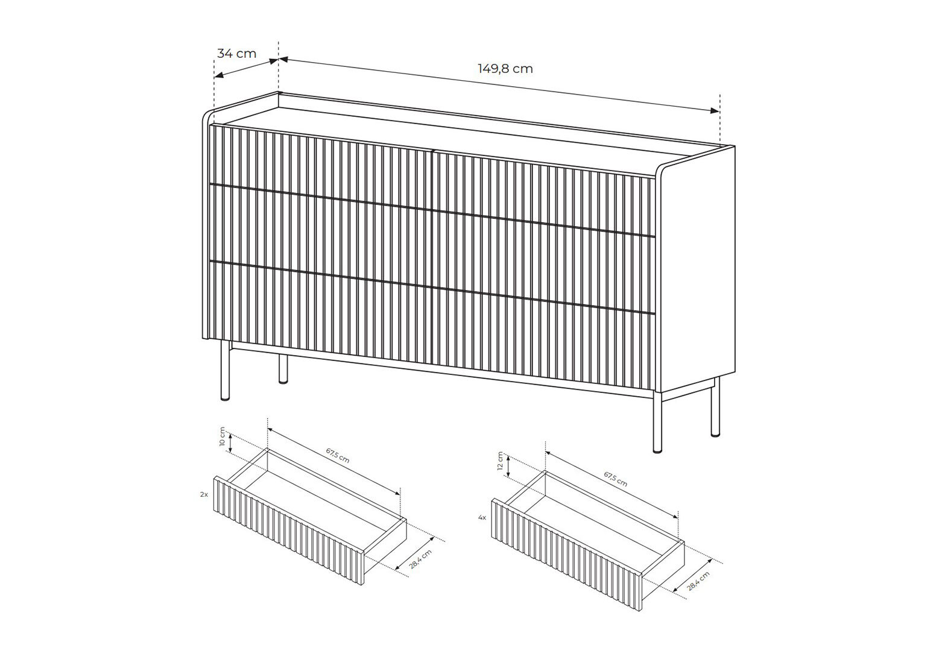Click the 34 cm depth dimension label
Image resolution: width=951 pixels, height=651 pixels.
(236, 54)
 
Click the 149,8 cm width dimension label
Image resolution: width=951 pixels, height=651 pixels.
(505, 69)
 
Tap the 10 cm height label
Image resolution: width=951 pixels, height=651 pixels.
(222, 436)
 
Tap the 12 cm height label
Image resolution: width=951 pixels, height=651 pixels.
(500, 461)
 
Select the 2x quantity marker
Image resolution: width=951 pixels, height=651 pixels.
(204, 494)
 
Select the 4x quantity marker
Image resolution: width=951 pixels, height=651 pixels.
(482, 518)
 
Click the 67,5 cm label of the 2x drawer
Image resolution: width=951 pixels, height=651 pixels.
(338, 456)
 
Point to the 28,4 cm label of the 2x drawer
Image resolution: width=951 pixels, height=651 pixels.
(420, 559)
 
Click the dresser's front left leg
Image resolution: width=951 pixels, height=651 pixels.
(225, 371)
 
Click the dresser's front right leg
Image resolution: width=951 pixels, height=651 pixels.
(657, 422)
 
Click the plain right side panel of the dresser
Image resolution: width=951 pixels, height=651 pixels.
(697, 272)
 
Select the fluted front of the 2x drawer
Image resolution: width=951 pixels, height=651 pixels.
(289, 530)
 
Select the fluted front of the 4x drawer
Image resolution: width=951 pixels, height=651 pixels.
(567, 555)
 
